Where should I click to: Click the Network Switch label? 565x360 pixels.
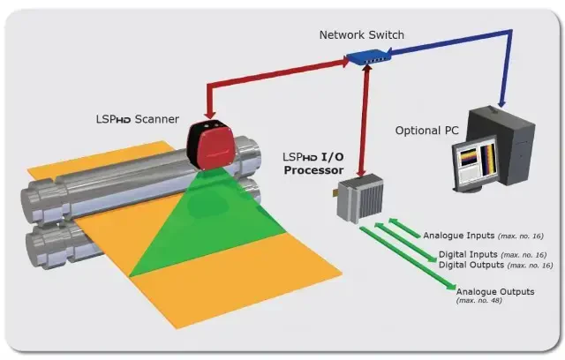(x=362, y=34)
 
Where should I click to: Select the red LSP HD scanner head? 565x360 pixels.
(x=215, y=144)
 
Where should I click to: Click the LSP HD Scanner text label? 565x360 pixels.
(x=138, y=119)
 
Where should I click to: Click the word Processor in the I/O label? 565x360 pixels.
(x=313, y=169)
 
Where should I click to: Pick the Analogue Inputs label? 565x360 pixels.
(x=459, y=236)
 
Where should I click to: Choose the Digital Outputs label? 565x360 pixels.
(x=471, y=265)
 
